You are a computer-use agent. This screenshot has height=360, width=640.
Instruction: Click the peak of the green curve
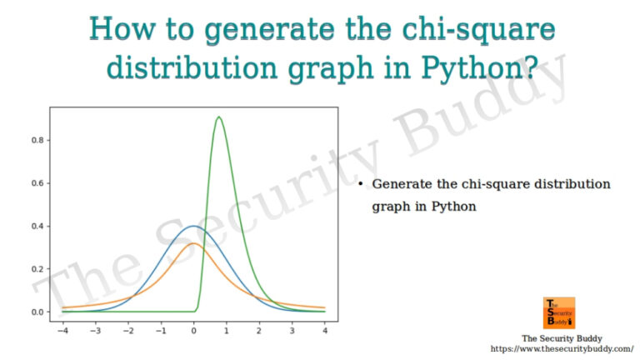tap(218, 117)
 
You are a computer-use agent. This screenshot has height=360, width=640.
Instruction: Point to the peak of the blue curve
tap(193, 226)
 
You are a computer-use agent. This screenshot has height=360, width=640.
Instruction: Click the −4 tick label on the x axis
tap(62, 330)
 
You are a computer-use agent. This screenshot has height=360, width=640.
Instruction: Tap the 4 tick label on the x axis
tap(324, 330)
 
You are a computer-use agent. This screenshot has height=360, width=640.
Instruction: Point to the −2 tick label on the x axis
tap(127, 330)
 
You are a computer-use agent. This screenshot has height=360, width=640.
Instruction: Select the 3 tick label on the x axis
tap(292, 330)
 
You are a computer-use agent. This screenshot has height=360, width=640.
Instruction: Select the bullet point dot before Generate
tap(361, 183)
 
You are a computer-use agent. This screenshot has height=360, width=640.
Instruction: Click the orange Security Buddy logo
tap(559, 312)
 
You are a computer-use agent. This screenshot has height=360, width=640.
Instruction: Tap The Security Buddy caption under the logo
tap(557, 337)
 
